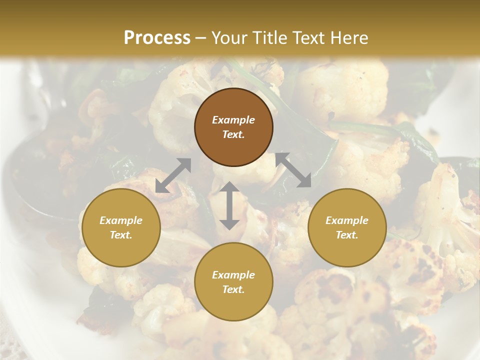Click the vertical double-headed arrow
tap(229, 205)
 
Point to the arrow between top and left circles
tap(173, 175)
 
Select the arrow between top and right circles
tap(293, 170)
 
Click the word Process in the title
tap(157, 37)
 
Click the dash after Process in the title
tap(201, 38)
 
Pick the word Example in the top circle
tap(233, 120)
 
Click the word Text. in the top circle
tap(233, 134)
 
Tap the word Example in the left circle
tap(121, 220)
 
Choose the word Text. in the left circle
tap(121, 235)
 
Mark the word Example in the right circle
tap(347, 220)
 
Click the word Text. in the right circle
tap(347, 235)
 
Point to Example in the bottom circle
tap(233, 275)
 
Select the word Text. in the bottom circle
tap(233, 289)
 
